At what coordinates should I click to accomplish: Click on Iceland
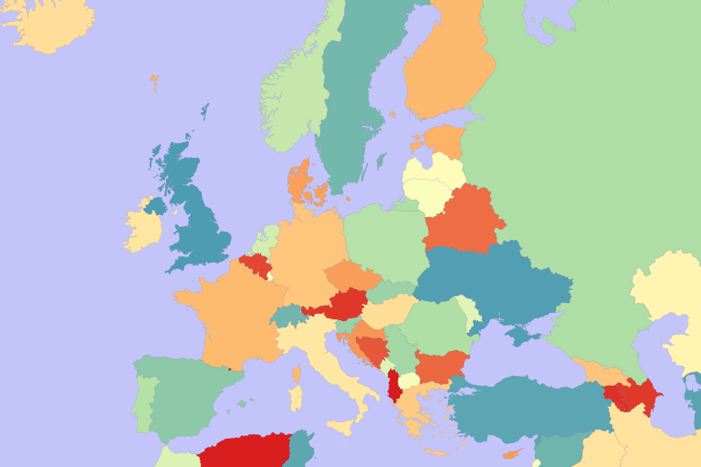point(50,25)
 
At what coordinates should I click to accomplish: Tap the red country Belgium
point(255,265)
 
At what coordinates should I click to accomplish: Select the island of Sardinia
point(295,398)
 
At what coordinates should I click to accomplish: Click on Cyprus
point(515,453)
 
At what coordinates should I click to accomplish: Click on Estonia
point(445,140)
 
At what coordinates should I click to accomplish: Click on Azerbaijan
point(639,395)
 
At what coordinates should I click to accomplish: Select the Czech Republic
point(351,276)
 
